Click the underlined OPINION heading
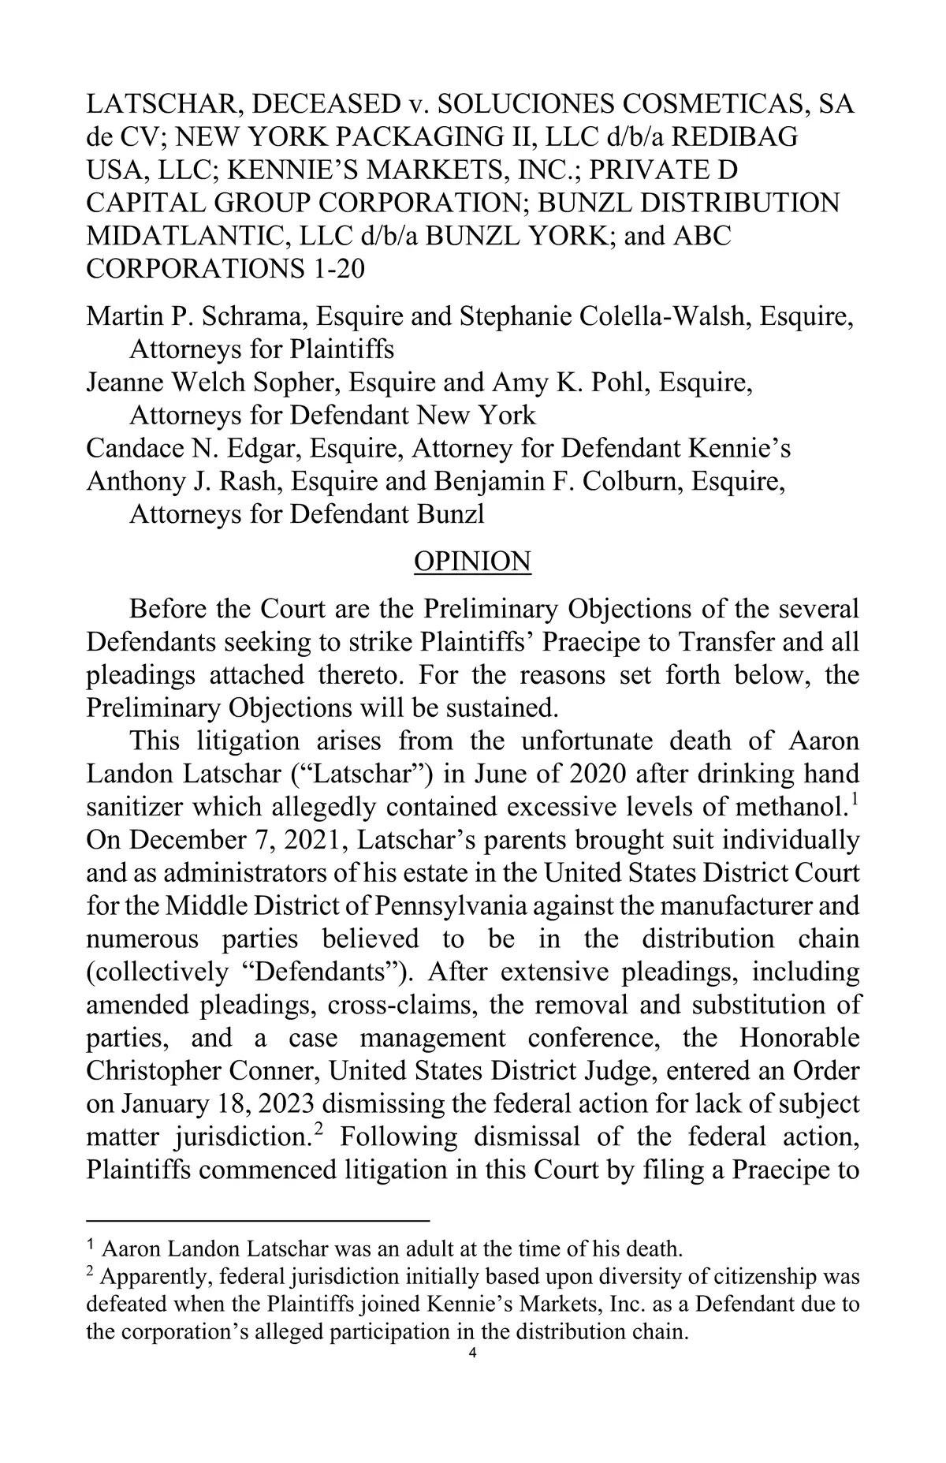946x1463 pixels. (x=472, y=562)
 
